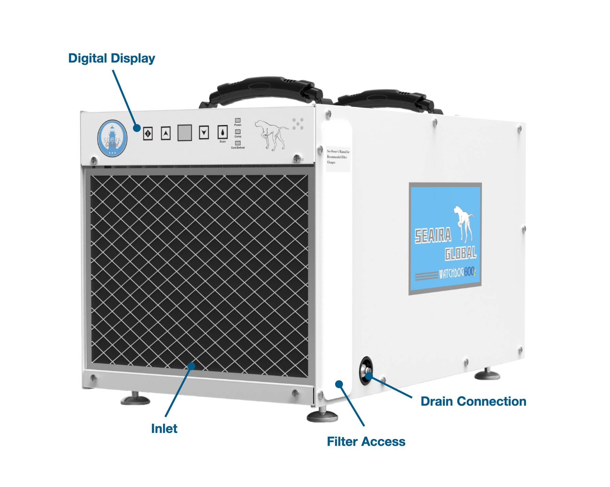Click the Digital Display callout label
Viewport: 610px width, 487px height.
pyautogui.click(x=111, y=58)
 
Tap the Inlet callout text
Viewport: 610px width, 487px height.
pyautogui.click(x=164, y=428)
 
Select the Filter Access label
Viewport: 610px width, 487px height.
pyautogui.click(x=366, y=441)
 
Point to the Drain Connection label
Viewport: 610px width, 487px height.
pyautogui.click(x=473, y=401)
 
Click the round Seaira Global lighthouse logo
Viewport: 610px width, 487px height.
pyautogui.click(x=112, y=138)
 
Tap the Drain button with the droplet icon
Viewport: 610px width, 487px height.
pyautogui.click(x=222, y=132)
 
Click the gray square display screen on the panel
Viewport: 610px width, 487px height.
pyautogui.click(x=184, y=133)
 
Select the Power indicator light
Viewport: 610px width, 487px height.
pyautogui.click(x=237, y=120)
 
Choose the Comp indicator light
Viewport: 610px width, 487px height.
pyautogui.click(x=237, y=132)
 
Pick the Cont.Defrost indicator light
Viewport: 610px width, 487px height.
pyautogui.click(x=237, y=143)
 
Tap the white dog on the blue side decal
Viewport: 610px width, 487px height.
pyautogui.click(x=464, y=223)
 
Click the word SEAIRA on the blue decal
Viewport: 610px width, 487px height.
pyautogui.click(x=433, y=236)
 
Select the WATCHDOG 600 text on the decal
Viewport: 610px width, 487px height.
pyautogui.click(x=457, y=273)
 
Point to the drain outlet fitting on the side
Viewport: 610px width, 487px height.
pyautogui.click(x=367, y=371)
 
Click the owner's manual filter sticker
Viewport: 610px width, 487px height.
pyautogui.click(x=338, y=157)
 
